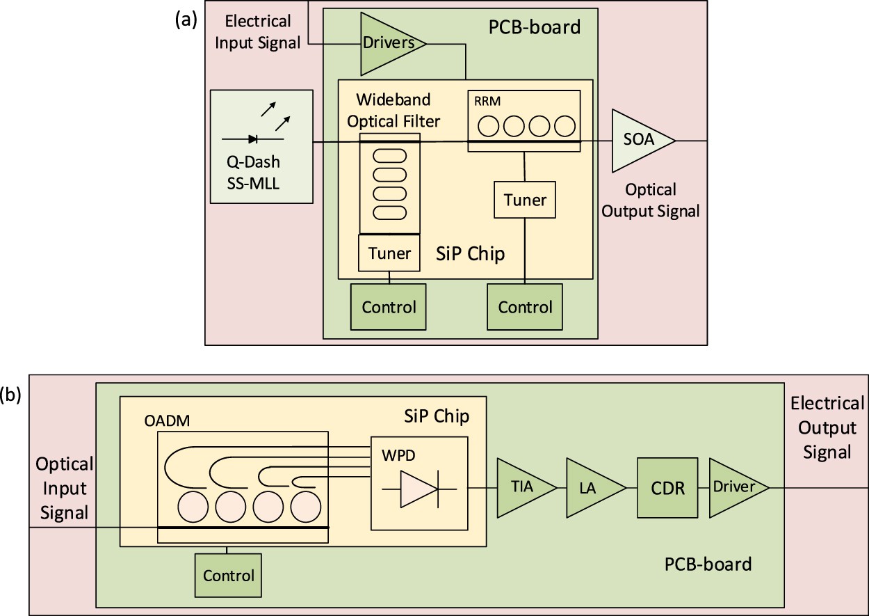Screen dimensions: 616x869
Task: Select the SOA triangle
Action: [x=637, y=140]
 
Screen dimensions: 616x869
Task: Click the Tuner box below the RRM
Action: [x=525, y=200]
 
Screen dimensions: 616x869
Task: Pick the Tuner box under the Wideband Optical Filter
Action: [x=389, y=253]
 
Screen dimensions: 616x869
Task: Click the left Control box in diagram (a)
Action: [x=389, y=307]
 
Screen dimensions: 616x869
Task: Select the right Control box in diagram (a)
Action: [x=524, y=307]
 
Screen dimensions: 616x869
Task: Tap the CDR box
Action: [x=667, y=487]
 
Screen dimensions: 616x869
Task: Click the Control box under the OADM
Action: [x=228, y=576]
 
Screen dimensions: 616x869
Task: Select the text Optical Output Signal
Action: [x=649, y=200]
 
